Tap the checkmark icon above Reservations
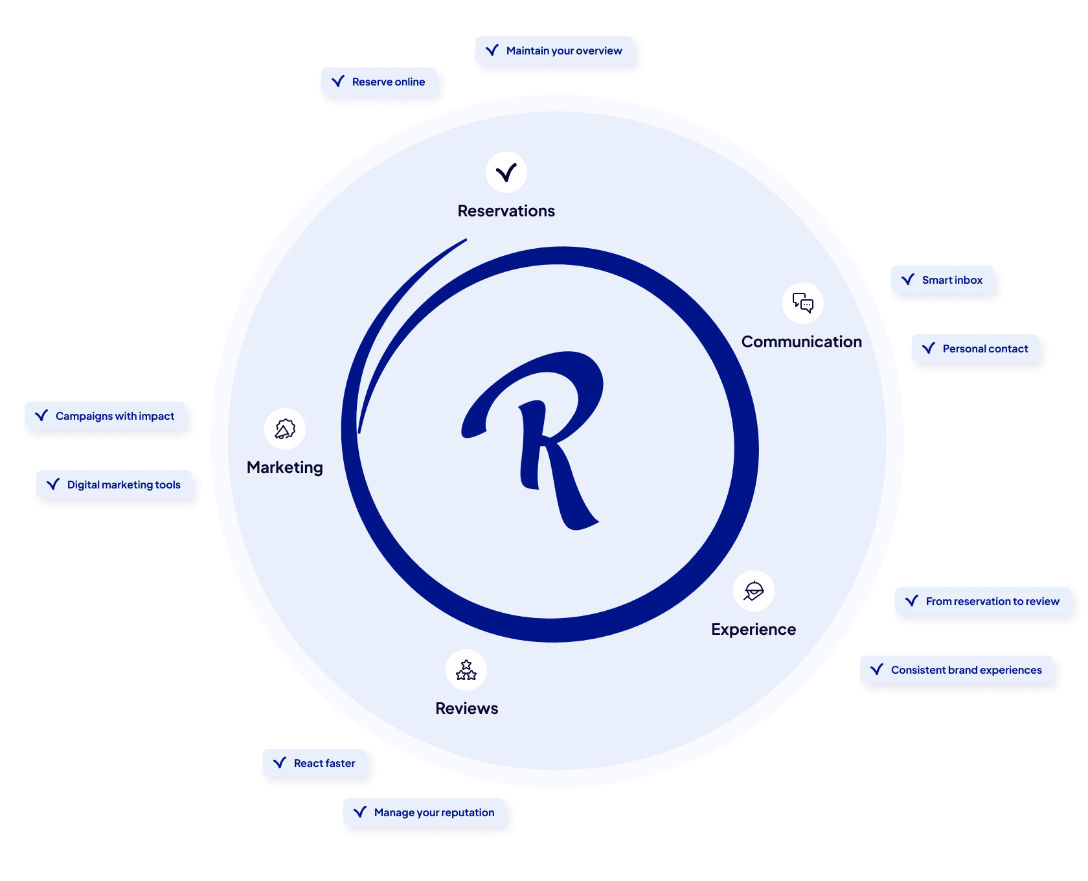pos(506,172)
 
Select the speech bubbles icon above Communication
pos(803,303)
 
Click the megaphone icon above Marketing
pos(285,429)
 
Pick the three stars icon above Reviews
pos(466,670)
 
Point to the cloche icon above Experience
pos(754,591)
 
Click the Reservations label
pos(506,211)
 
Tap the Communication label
pos(802,342)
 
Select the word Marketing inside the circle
pos(285,468)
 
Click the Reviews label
pos(467,709)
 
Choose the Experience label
pos(754,630)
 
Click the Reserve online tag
pos(379,82)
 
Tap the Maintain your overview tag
pos(554,51)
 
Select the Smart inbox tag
pos(942,280)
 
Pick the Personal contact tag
pos(975,349)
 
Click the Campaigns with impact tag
pos(105,416)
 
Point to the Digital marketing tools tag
pos(114,485)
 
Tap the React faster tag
pos(315,763)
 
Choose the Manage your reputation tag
pos(424,812)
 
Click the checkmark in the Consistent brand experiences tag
pos(877,670)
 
